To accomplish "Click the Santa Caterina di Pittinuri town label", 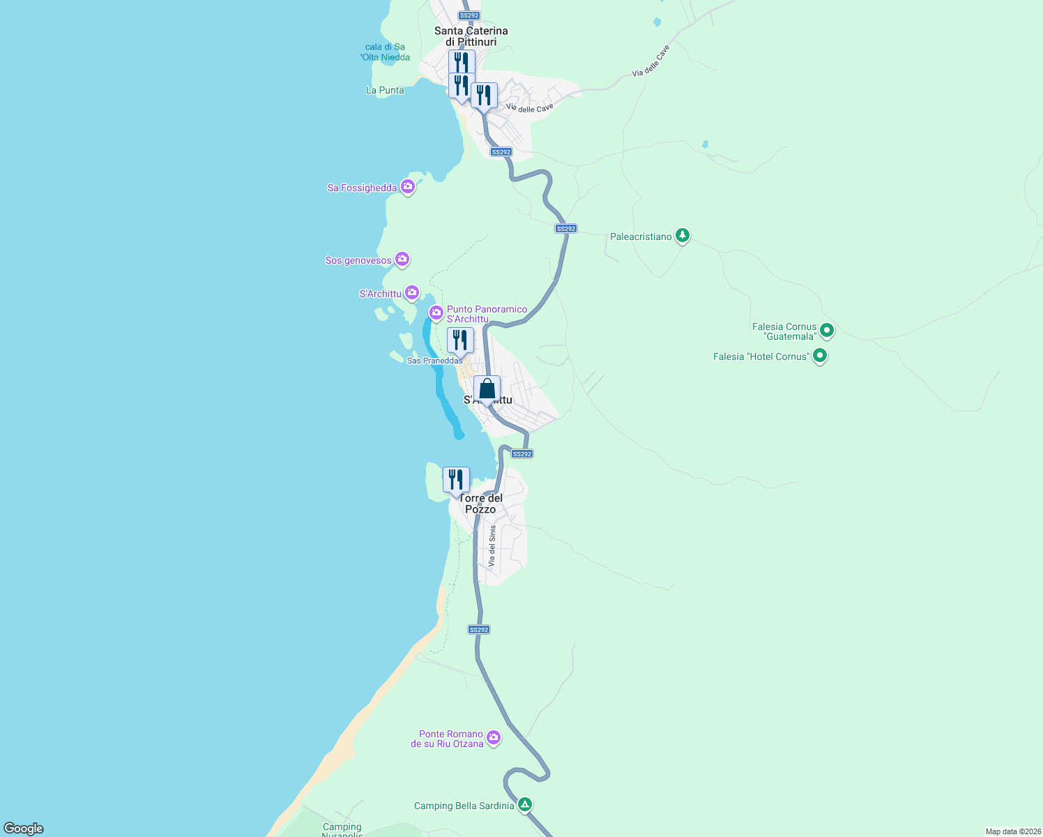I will pyautogui.click(x=471, y=36).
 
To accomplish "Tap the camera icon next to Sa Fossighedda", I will pyautogui.click(x=408, y=187).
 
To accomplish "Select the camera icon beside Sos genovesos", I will pyautogui.click(x=402, y=260).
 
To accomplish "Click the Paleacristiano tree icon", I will pyautogui.click(x=683, y=236).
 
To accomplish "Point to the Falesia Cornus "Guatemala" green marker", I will pyautogui.click(x=827, y=330).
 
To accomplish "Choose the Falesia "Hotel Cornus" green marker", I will pyautogui.click(x=820, y=356).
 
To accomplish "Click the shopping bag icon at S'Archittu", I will pyautogui.click(x=487, y=389).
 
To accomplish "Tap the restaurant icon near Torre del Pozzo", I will pyautogui.click(x=456, y=480).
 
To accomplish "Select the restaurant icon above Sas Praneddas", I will pyautogui.click(x=460, y=340).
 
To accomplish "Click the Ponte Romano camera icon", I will pyautogui.click(x=494, y=737).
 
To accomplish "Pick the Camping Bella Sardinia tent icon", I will pyautogui.click(x=525, y=805).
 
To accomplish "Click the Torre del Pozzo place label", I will pyautogui.click(x=481, y=504).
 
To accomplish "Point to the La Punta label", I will pyautogui.click(x=385, y=90).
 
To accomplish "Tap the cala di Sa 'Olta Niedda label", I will pyautogui.click(x=385, y=52).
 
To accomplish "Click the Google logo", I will pyautogui.click(x=24, y=829).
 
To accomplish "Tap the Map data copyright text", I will pyautogui.click(x=1012, y=831).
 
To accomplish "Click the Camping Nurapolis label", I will pyautogui.click(x=342, y=830).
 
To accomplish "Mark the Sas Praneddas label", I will pyautogui.click(x=434, y=361).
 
